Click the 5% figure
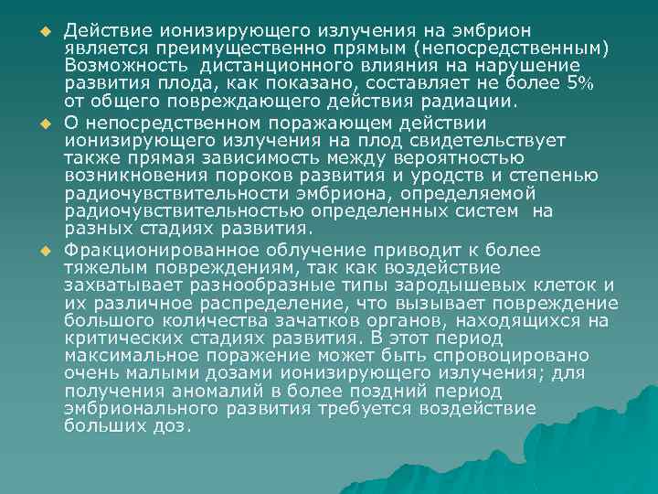(x=580, y=83)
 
